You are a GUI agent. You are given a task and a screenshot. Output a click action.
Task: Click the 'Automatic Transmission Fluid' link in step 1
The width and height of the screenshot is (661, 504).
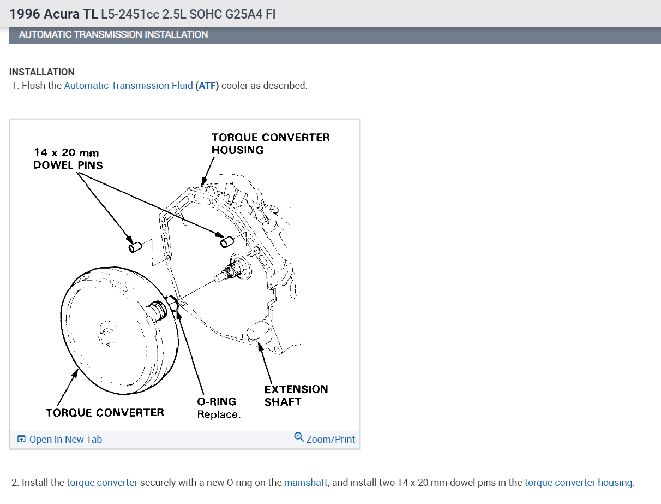pyautogui.click(x=128, y=86)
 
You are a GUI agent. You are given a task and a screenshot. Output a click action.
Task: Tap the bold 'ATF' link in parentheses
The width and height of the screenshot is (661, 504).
pyautogui.click(x=207, y=86)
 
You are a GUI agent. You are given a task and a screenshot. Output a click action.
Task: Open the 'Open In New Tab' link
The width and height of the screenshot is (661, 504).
pyautogui.click(x=65, y=440)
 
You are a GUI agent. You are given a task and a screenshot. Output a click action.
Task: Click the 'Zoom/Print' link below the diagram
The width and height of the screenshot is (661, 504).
pyautogui.click(x=330, y=440)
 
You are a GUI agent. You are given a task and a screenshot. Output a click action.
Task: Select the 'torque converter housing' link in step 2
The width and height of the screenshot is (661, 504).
pyautogui.click(x=578, y=483)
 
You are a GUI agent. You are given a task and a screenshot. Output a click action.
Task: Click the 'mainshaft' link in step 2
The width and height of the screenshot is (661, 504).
pyautogui.click(x=305, y=483)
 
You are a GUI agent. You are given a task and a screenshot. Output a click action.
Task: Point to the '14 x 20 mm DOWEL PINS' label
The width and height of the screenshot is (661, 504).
pyautogui.click(x=67, y=159)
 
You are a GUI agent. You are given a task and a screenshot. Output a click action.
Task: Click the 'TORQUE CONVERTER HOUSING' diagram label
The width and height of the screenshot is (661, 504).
pyautogui.click(x=271, y=143)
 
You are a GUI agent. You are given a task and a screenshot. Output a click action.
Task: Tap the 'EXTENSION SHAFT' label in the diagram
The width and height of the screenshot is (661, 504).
pyautogui.click(x=296, y=395)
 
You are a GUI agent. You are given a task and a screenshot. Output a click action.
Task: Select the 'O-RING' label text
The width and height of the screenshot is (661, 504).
pyautogui.click(x=217, y=402)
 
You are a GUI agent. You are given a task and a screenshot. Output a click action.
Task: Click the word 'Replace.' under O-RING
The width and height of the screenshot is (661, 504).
pyautogui.click(x=219, y=414)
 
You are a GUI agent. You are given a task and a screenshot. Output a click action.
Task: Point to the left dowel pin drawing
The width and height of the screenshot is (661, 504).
pyautogui.click(x=135, y=247)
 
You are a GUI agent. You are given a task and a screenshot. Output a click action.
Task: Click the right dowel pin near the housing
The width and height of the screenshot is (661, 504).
pyautogui.click(x=226, y=241)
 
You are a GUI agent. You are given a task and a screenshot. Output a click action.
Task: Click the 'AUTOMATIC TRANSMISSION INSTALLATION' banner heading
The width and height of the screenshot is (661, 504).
pyautogui.click(x=113, y=34)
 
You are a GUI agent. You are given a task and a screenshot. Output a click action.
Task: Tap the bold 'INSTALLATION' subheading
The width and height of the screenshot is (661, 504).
pyautogui.click(x=42, y=72)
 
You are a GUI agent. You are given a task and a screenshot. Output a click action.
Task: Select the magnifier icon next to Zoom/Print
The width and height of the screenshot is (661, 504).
pyautogui.click(x=299, y=437)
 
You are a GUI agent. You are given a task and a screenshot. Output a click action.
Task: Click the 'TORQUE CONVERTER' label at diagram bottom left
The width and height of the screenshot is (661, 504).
pyautogui.click(x=105, y=412)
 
